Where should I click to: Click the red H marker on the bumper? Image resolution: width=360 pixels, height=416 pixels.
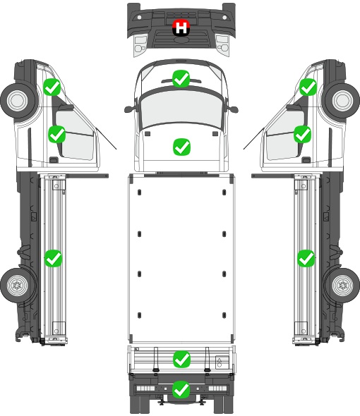point(181,27)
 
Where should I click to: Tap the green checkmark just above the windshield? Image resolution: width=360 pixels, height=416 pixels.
point(181,78)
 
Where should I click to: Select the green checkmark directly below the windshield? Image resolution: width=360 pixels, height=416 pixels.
point(181,147)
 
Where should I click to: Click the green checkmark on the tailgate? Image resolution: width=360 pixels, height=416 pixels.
point(181,360)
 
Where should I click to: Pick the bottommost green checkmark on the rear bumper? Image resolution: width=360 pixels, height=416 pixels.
point(181,389)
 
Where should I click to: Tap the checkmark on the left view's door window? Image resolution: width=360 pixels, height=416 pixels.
point(56,134)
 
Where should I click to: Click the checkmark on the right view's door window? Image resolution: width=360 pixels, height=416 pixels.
point(303,134)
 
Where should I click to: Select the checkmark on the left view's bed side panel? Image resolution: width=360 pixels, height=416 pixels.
point(53,258)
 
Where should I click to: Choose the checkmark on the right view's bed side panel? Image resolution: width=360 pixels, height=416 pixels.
point(306,258)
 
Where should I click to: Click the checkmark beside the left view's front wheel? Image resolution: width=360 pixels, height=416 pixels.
point(52,87)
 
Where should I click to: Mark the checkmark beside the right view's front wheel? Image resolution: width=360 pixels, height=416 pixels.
point(308,87)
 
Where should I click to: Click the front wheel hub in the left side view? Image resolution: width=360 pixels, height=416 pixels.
point(17,101)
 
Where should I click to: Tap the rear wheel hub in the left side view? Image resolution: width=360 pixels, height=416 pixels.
point(17,285)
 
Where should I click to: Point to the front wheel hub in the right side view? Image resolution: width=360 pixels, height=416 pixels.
point(343,101)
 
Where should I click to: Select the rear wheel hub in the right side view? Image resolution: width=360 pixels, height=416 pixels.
point(343,285)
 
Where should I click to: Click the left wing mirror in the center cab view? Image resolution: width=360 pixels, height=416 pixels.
point(129,109)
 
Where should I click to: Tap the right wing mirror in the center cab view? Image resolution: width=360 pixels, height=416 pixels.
point(233,109)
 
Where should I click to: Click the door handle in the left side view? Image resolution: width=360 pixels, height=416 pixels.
point(54,160)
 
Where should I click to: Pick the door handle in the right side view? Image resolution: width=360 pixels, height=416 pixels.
point(306,160)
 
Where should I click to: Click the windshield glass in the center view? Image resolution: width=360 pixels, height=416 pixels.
point(181,109)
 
